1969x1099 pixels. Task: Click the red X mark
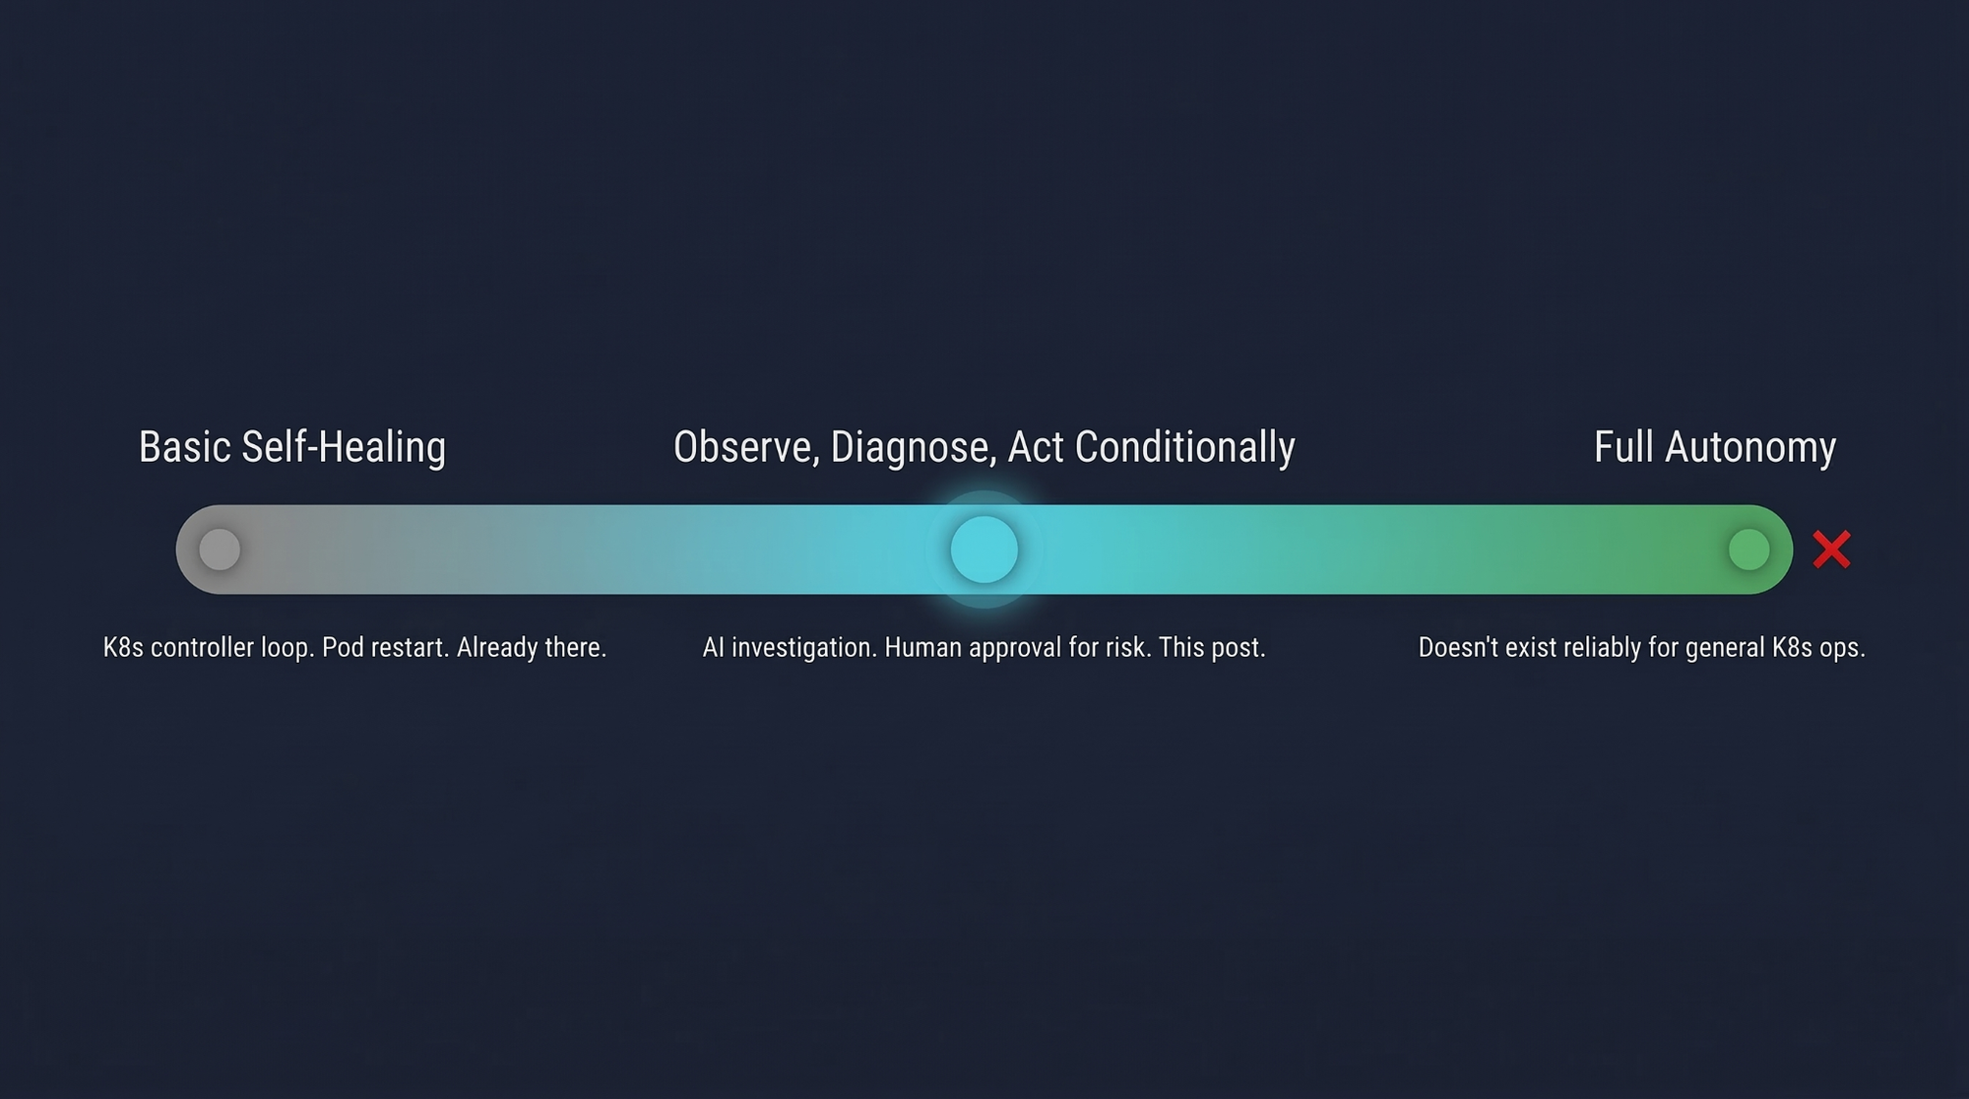click(x=1831, y=549)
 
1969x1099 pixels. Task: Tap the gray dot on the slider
click(x=220, y=549)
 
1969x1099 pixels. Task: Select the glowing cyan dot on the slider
click(x=984, y=549)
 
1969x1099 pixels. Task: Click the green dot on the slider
click(x=1748, y=549)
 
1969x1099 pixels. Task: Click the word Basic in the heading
click(x=185, y=447)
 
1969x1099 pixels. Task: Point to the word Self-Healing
click(x=344, y=448)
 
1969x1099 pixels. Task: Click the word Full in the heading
click(x=1623, y=447)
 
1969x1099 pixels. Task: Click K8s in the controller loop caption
click(x=123, y=648)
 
